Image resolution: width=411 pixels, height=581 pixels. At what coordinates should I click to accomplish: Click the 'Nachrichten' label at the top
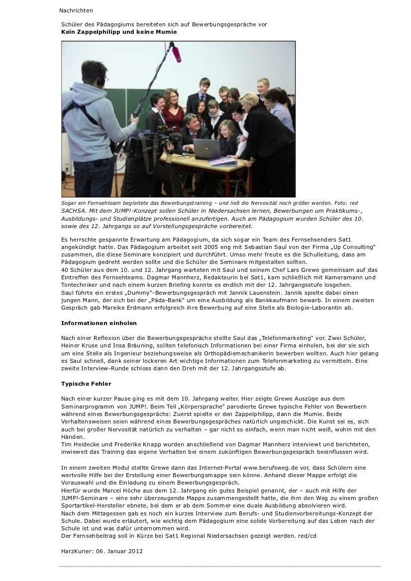pyautogui.click(x=76, y=10)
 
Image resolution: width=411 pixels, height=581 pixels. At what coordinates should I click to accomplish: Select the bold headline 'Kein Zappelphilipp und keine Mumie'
pyautogui.click(x=119, y=32)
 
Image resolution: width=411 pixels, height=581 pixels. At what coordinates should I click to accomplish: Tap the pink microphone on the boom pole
pyautogui.click(x=176, y=53)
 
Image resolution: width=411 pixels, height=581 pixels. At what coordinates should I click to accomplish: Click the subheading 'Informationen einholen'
pyautogui.click(x=92, y=323)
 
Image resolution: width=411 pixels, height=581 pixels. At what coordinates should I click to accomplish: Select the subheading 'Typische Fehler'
pyautogui.click(x=86, y=384)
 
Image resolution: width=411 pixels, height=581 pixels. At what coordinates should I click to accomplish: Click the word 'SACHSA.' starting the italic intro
pyautogui.click(x=73, y=211)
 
